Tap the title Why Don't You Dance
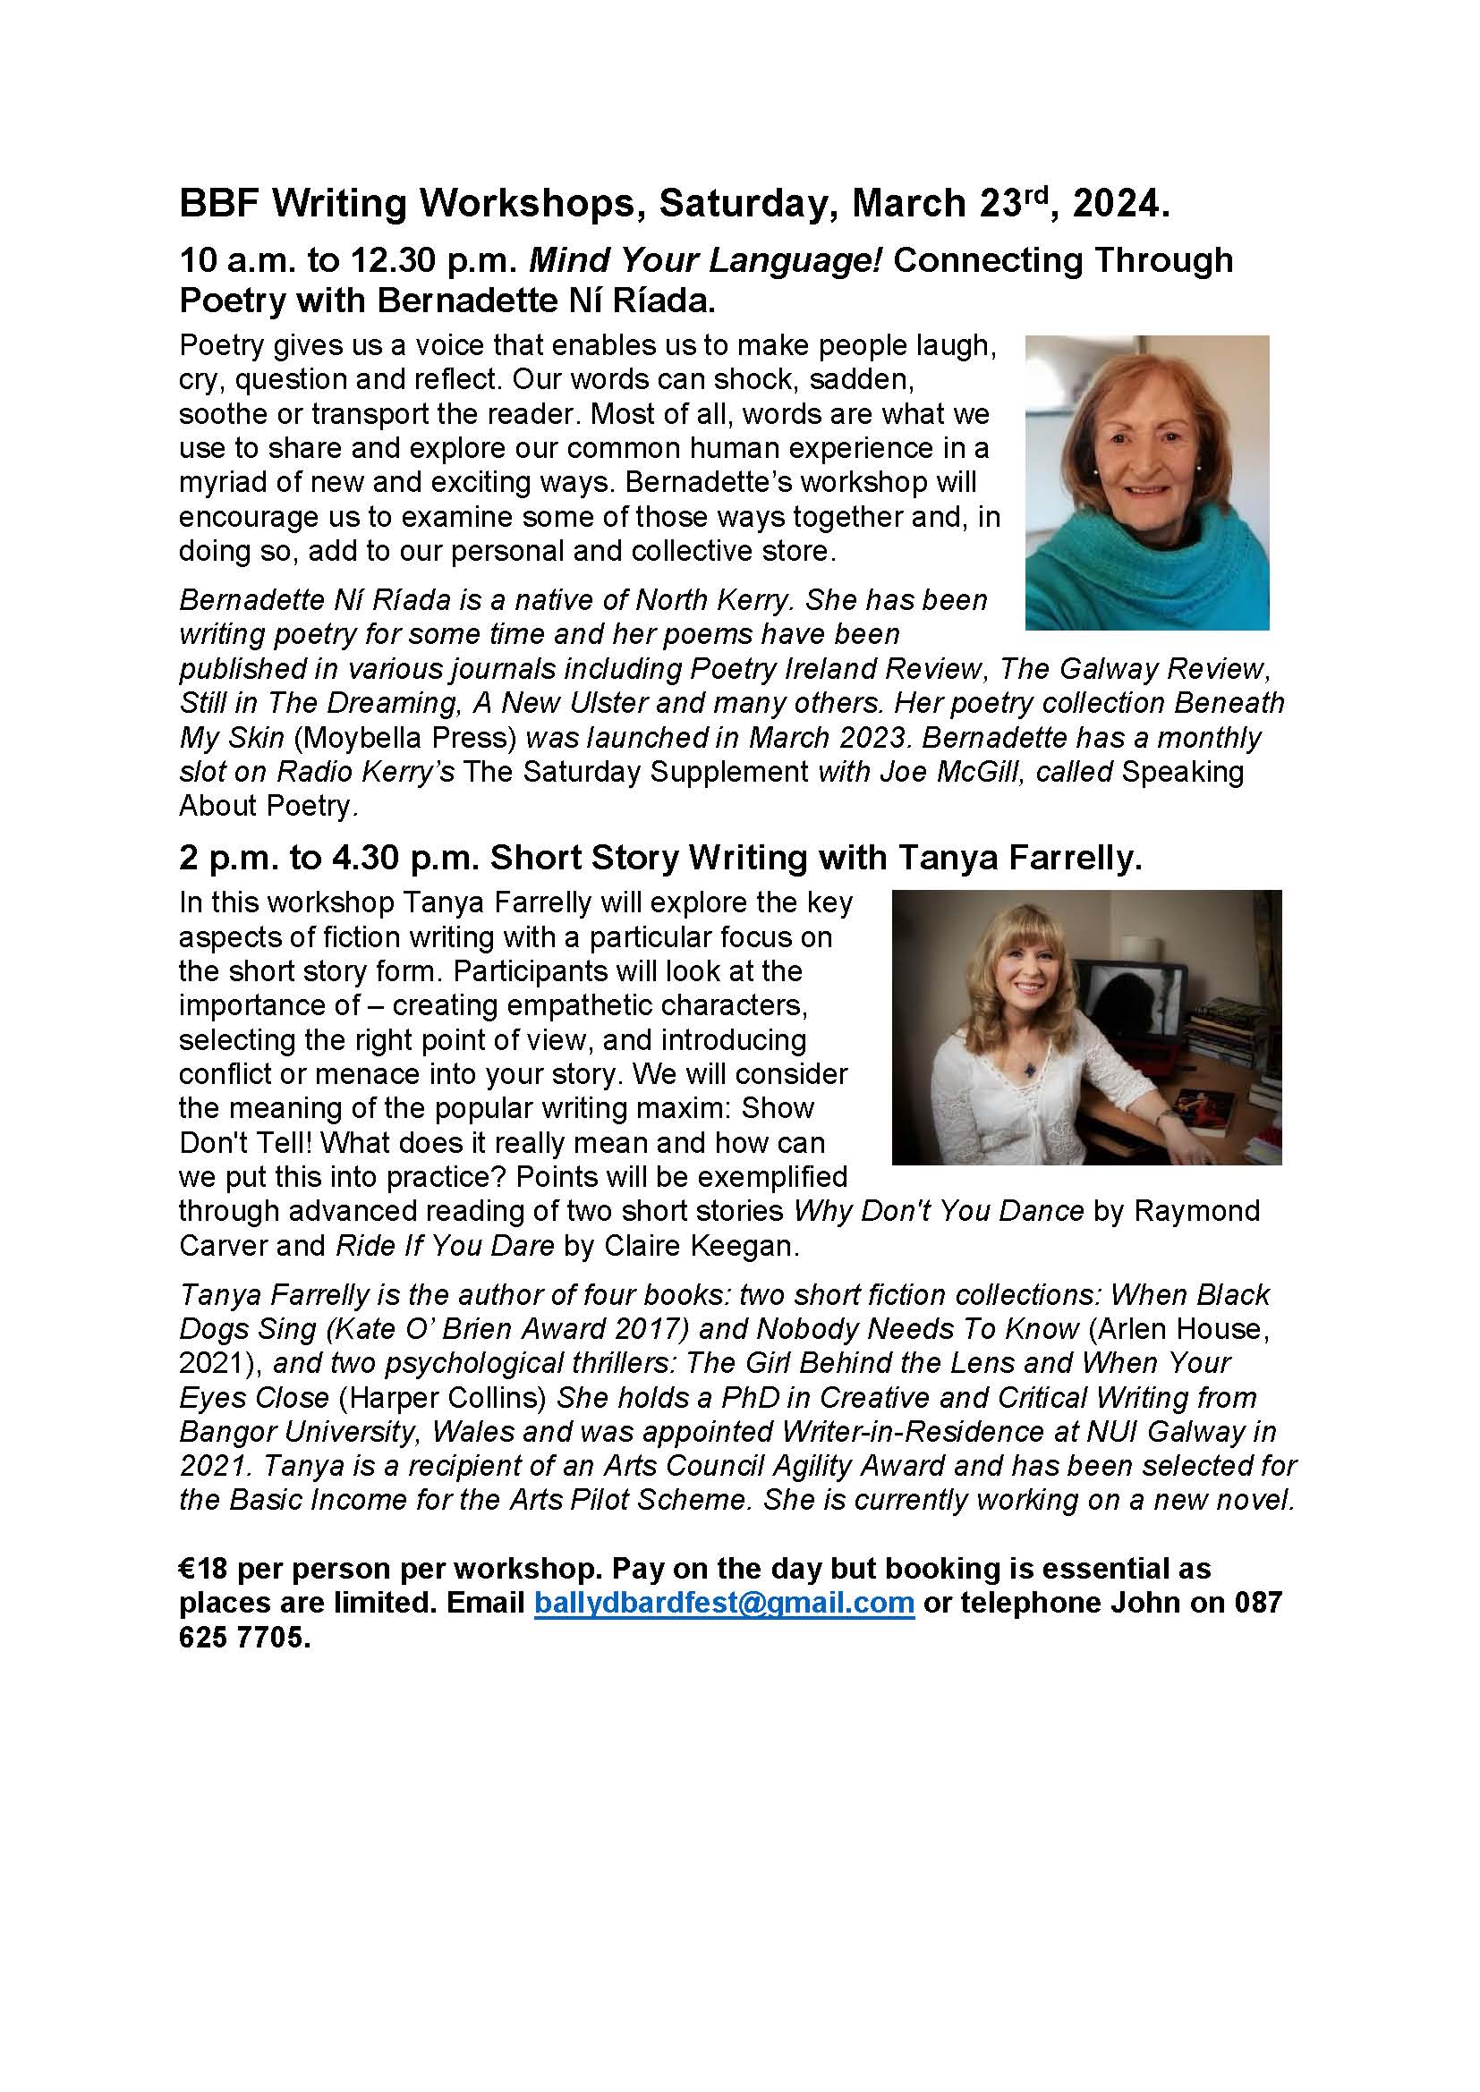click(940, 1211)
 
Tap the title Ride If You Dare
click(445, 1246)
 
